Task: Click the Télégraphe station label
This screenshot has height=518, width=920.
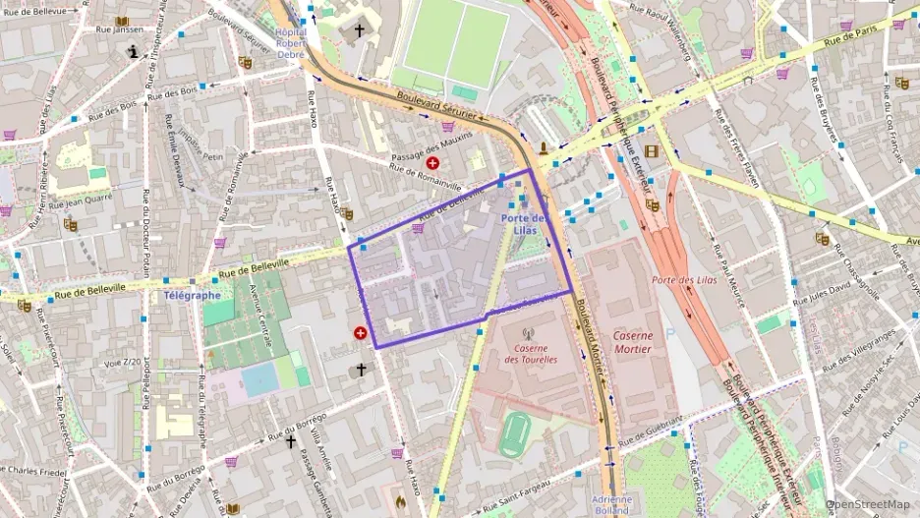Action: (x=192, y=294)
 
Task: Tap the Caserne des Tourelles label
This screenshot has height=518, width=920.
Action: (x=531, y=353)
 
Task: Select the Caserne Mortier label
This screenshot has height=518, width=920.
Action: (x=632, y=342)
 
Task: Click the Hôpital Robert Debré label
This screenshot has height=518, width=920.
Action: (x=291, y=38)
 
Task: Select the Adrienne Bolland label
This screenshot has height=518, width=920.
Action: (x=611, y=504)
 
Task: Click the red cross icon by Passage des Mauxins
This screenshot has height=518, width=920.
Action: (x=432, y=162)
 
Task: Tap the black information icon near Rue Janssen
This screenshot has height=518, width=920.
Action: (x=134, y=54)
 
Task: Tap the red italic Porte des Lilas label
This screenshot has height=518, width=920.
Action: (x=684, y=279)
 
